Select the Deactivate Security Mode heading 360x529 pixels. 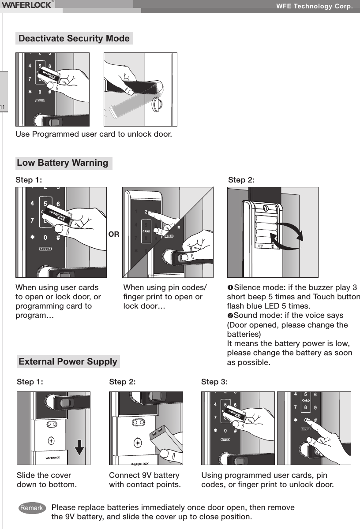[74, 38]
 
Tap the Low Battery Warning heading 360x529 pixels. [63, 163]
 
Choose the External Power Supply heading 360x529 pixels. [68, 362]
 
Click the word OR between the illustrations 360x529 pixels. [114, 235]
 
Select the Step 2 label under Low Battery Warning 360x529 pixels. [241, 180]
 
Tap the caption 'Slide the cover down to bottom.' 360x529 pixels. [46, 481]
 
